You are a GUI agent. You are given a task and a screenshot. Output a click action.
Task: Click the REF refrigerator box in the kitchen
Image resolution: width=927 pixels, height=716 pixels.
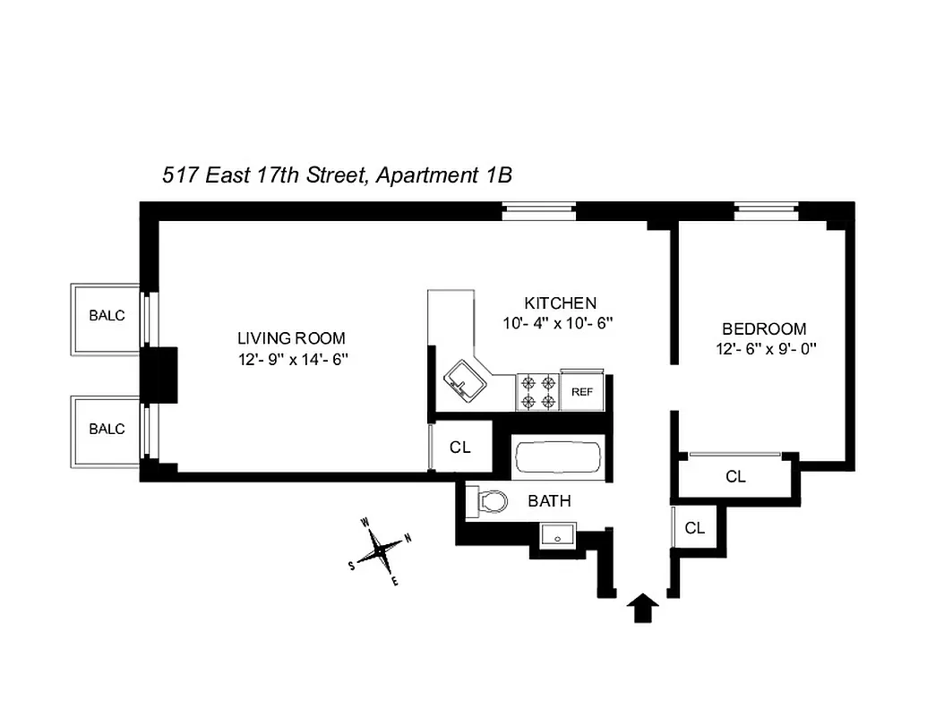tap(583, 391)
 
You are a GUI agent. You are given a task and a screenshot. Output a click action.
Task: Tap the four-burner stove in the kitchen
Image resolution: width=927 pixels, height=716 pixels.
tap(537, 391)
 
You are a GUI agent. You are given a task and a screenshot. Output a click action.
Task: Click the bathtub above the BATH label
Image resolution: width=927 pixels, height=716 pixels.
tap(557, 458)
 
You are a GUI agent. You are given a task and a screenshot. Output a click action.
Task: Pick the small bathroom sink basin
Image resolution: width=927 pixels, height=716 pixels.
tap(559, 536)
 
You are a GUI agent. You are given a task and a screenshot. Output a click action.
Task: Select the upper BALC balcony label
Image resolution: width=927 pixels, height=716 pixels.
tap(107, 316)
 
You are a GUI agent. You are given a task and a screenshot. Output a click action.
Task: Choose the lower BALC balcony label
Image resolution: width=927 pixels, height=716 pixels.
tap(107, 429)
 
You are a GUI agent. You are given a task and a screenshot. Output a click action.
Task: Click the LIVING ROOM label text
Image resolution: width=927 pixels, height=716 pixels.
tap(291, 338)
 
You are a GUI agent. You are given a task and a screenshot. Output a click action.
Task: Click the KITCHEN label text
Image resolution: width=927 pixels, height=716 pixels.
tap(560, 303)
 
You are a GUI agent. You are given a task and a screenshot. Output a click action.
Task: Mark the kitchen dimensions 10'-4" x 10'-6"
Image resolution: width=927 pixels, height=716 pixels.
tap(560, 323)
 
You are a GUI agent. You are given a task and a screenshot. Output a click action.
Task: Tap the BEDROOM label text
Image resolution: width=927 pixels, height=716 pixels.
tap(764, 328)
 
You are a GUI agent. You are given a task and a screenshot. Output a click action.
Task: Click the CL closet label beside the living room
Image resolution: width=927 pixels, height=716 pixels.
tap(460, 447)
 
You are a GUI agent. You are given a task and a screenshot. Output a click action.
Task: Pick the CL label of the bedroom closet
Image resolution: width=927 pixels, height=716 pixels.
tap(735, 477)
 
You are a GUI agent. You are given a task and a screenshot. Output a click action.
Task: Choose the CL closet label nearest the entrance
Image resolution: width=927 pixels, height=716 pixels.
tap(695, 528)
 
